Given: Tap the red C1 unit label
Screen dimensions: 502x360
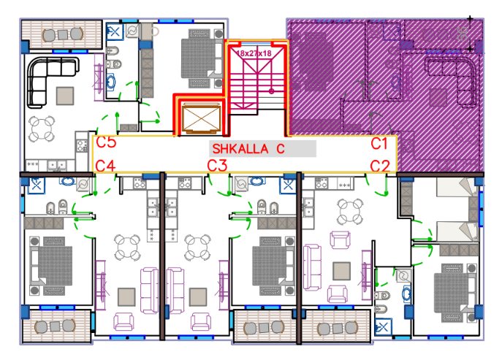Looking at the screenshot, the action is point(379,144).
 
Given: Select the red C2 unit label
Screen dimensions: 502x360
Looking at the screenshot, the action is point(380,166).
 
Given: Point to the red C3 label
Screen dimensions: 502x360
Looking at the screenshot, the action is point(217,166).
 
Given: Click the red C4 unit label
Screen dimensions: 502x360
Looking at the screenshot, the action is point(105,166).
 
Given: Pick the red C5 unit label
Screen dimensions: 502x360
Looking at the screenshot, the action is point(106,142).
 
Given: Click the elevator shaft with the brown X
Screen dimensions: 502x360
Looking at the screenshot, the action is point(201,118).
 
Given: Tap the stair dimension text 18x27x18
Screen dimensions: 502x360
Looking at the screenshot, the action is point(254,53).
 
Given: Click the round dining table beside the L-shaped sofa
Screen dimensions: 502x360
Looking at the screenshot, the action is point(42,129).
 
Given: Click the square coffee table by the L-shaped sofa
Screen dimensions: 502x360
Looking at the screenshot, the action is point(65,96).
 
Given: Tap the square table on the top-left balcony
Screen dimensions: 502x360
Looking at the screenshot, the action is point(63,34).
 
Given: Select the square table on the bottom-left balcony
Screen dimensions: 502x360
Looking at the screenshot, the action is point(55,326).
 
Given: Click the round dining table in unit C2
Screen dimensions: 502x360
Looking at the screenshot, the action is point(350,212).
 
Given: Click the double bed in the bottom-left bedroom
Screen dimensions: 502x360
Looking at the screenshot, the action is point(51,266).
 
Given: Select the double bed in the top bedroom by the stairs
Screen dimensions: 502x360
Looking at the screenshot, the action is point(202,58).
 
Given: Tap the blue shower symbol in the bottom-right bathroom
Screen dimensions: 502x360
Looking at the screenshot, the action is point(383,327).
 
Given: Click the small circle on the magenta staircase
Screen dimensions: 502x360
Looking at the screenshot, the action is point(272,91).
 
